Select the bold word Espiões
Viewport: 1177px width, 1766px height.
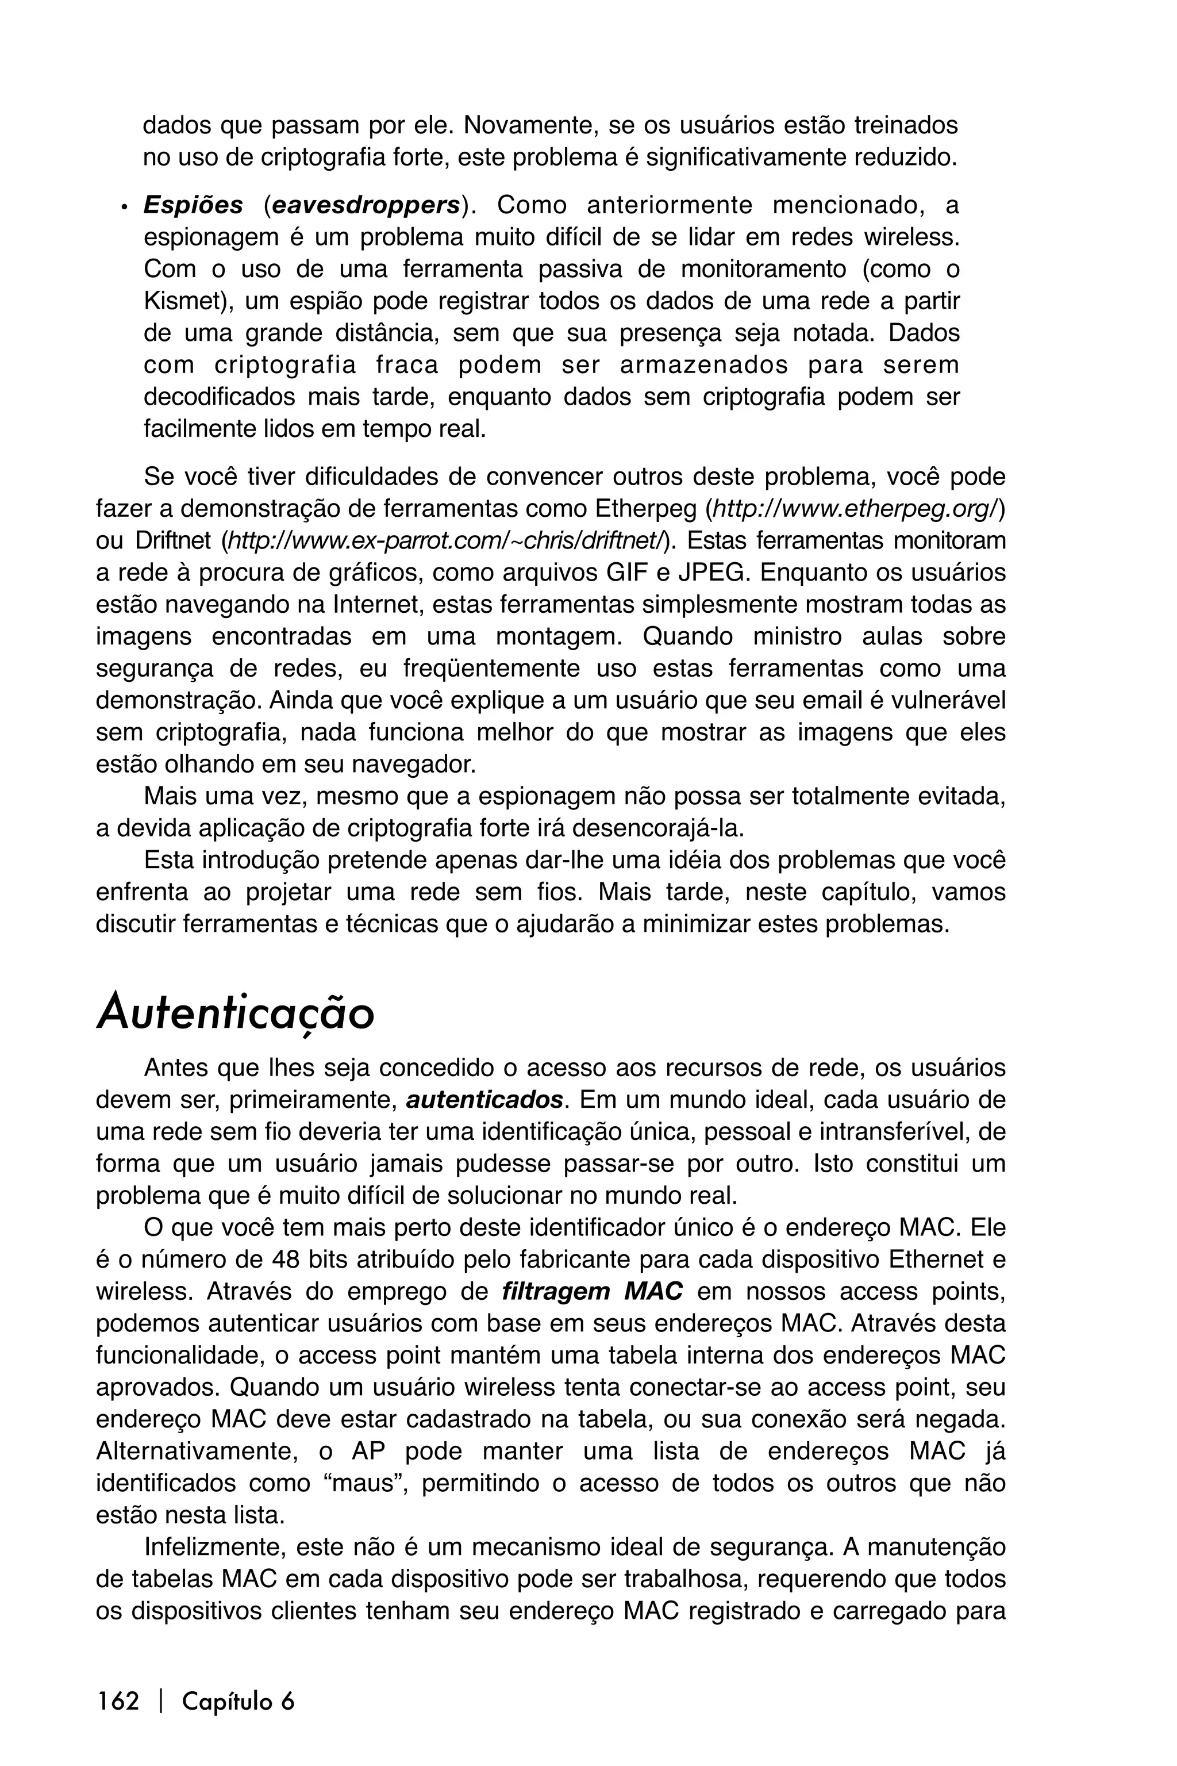pos(193,205)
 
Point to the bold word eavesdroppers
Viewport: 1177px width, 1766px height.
pos(366,205)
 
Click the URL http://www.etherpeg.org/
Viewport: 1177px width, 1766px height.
pos(854,509)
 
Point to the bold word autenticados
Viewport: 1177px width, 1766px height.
pos(484,1100)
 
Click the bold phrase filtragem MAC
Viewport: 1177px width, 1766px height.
pos(593,1292)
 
